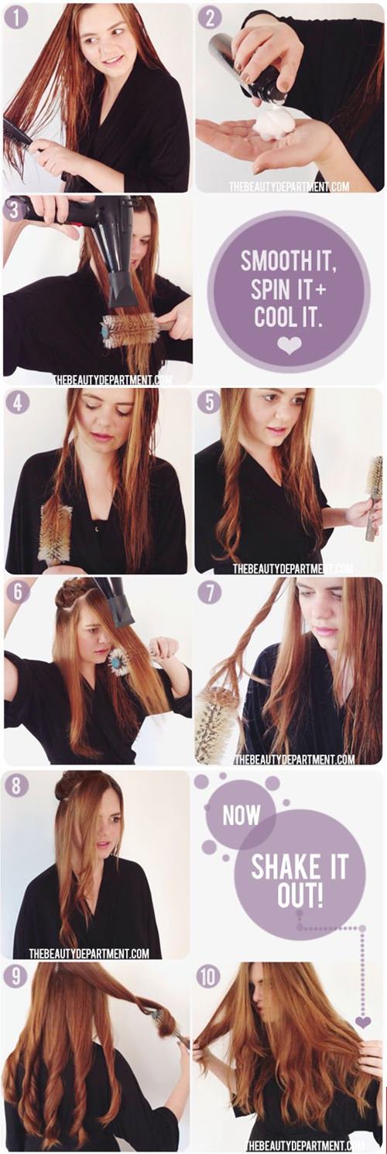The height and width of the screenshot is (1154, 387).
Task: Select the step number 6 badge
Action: coord(18,592)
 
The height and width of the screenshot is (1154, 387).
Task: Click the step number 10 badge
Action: coord(208,975)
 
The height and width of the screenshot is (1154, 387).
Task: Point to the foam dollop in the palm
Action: coord(273,123)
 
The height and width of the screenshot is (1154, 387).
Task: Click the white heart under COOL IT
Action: coord(289,346)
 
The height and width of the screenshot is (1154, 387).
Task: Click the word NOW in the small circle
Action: coord(241,815)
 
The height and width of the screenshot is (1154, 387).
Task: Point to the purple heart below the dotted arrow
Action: coord(363,1033)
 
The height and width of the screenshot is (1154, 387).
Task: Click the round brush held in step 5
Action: coord(373,497)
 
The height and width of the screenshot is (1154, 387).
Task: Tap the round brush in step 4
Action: coord(55,535)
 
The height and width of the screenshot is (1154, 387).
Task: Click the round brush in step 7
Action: coord(217,719)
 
